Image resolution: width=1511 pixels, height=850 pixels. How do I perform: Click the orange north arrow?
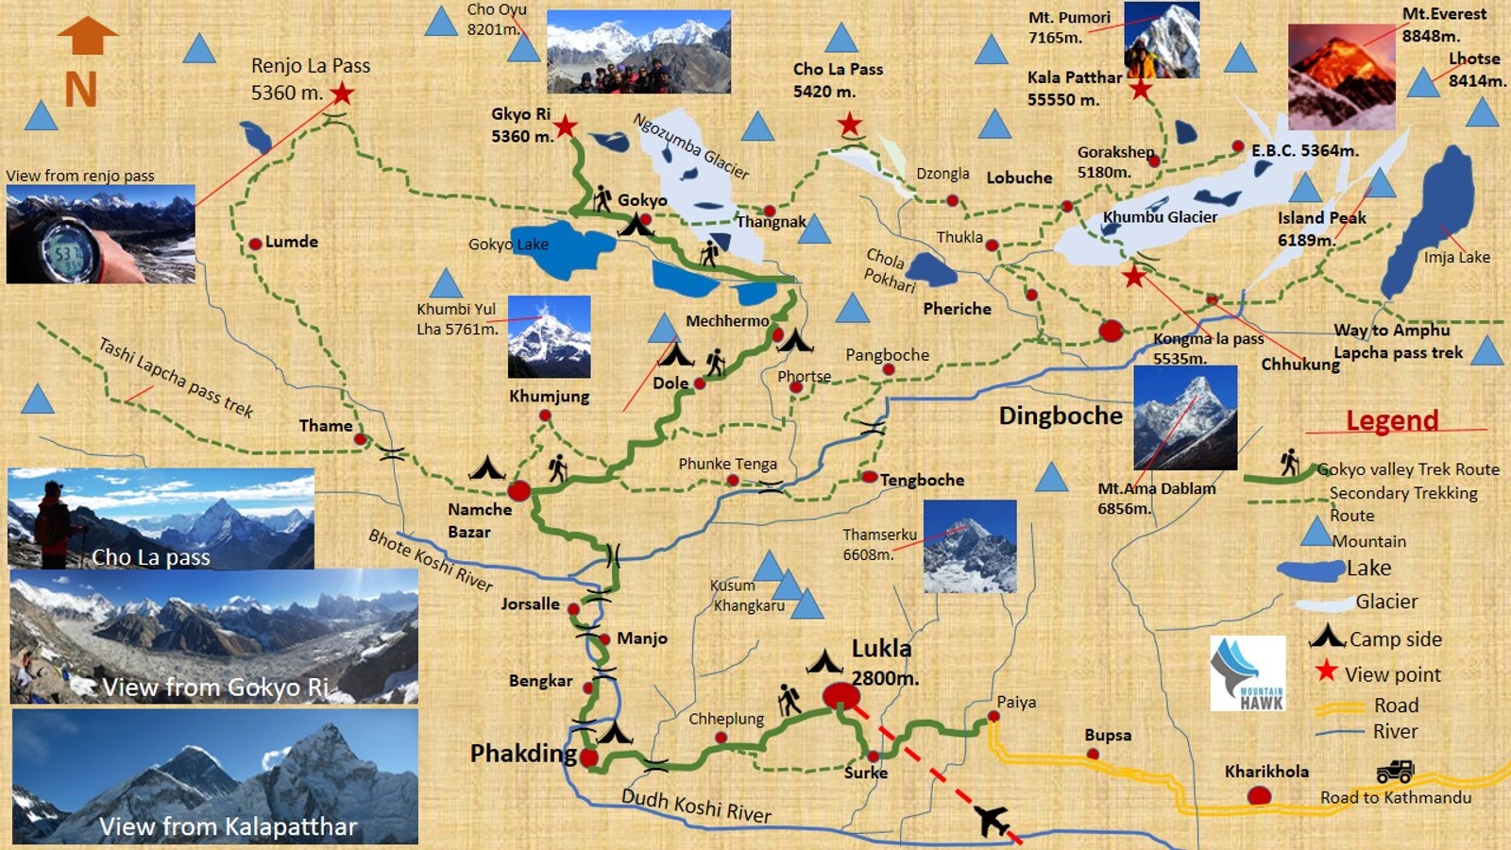[x=87, y=36]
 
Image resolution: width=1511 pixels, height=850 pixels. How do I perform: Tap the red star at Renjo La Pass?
[x=342, y=93]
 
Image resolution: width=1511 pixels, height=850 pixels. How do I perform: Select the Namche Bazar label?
[x=479, y=520]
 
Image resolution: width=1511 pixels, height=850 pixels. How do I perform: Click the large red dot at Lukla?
[x=840, y=697]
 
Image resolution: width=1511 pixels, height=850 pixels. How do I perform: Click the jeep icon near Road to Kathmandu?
[x=1394, y=772]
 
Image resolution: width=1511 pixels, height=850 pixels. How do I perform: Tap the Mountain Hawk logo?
[x=1248, y=672]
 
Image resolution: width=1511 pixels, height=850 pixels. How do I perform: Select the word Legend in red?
[x=1392, y=420]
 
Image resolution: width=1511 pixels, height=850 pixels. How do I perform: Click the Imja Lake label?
[x=1456, y=257]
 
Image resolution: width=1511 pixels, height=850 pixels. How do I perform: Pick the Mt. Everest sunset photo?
[x=1341, y=77]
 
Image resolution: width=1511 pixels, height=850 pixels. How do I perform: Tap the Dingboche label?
[x=1061, y=416]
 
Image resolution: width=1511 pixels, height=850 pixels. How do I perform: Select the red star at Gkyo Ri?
[x=565, y=126]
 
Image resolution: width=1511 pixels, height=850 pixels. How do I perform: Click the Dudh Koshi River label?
[x=696, y=805]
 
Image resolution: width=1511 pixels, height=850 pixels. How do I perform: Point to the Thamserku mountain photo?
[x=970, y=547]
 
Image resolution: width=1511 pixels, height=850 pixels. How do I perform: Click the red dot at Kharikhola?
[x=1259, y=796]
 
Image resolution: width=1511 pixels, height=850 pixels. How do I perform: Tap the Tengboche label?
[x=922, y=480]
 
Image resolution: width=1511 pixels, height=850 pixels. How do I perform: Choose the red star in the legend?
[x=1326, y=671]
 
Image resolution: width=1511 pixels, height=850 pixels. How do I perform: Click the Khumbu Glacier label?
[x=1160, y=217]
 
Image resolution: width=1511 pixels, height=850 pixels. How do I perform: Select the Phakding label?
[x=523, y=754]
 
